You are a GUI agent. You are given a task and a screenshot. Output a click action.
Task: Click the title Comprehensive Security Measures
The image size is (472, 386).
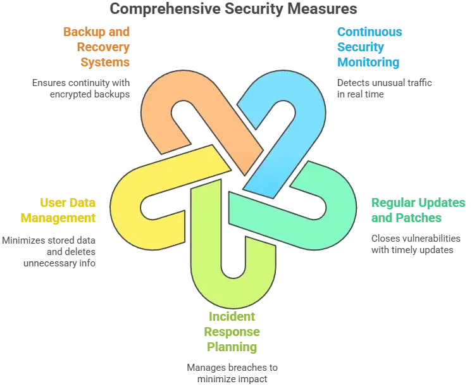pyautogui.click(x=232, y=9)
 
